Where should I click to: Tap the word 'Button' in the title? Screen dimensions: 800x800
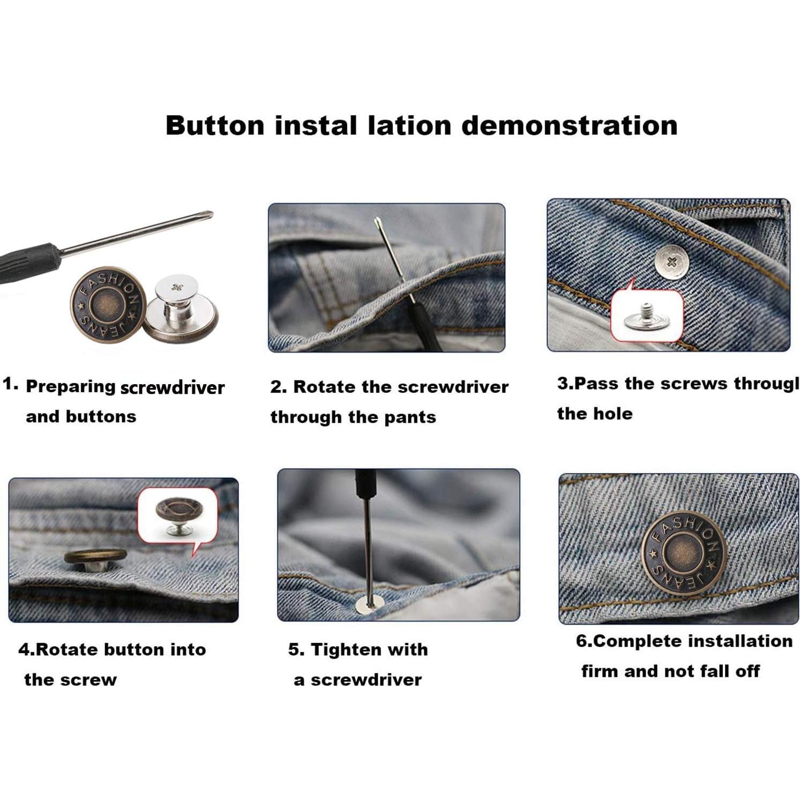coord(215,125)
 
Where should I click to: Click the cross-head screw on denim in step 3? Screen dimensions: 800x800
coord(671,262)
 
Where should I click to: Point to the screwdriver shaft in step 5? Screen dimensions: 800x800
coord(367,541)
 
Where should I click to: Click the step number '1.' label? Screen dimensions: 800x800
coord(11,384)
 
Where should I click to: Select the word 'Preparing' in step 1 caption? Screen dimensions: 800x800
coord(71,387)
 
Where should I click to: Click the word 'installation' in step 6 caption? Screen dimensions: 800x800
coord(739,641)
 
